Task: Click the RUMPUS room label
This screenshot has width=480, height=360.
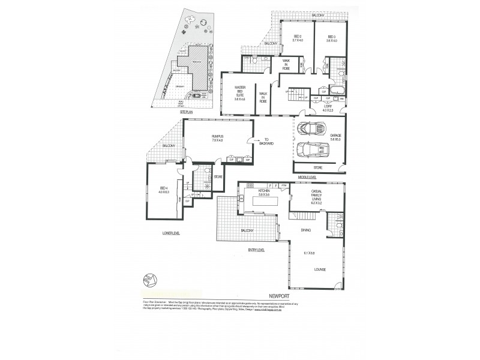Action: tap(217, 137)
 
